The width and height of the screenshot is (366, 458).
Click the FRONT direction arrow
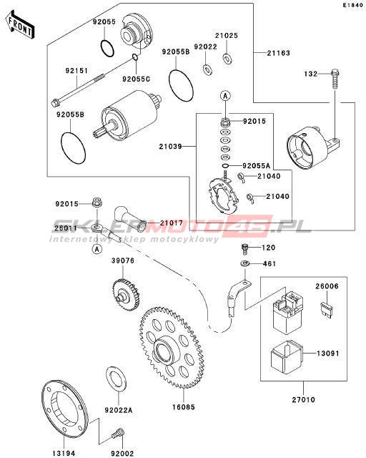click(20, 25)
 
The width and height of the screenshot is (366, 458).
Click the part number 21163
click(279, 53)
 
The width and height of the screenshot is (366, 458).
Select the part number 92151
click(76, 71)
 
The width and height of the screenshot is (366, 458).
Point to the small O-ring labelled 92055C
click(134, 57)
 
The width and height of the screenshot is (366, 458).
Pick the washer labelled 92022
click(207, 70)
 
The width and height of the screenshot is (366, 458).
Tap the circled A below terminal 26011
click(97, 249)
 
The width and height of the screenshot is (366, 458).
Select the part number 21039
click(170, 146)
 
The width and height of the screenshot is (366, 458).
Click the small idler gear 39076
click(126, 296)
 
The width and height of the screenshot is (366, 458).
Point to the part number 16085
click(183, 406)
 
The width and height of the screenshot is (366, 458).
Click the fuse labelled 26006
click(326, 310)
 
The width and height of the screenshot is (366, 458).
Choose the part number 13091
click(328, 354)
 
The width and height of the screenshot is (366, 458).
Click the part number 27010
click(304, 399)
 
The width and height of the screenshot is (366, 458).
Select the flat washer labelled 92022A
click(116, 380)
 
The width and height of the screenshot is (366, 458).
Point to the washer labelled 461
click(245, 264)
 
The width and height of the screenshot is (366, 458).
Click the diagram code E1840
click(353, 5)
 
